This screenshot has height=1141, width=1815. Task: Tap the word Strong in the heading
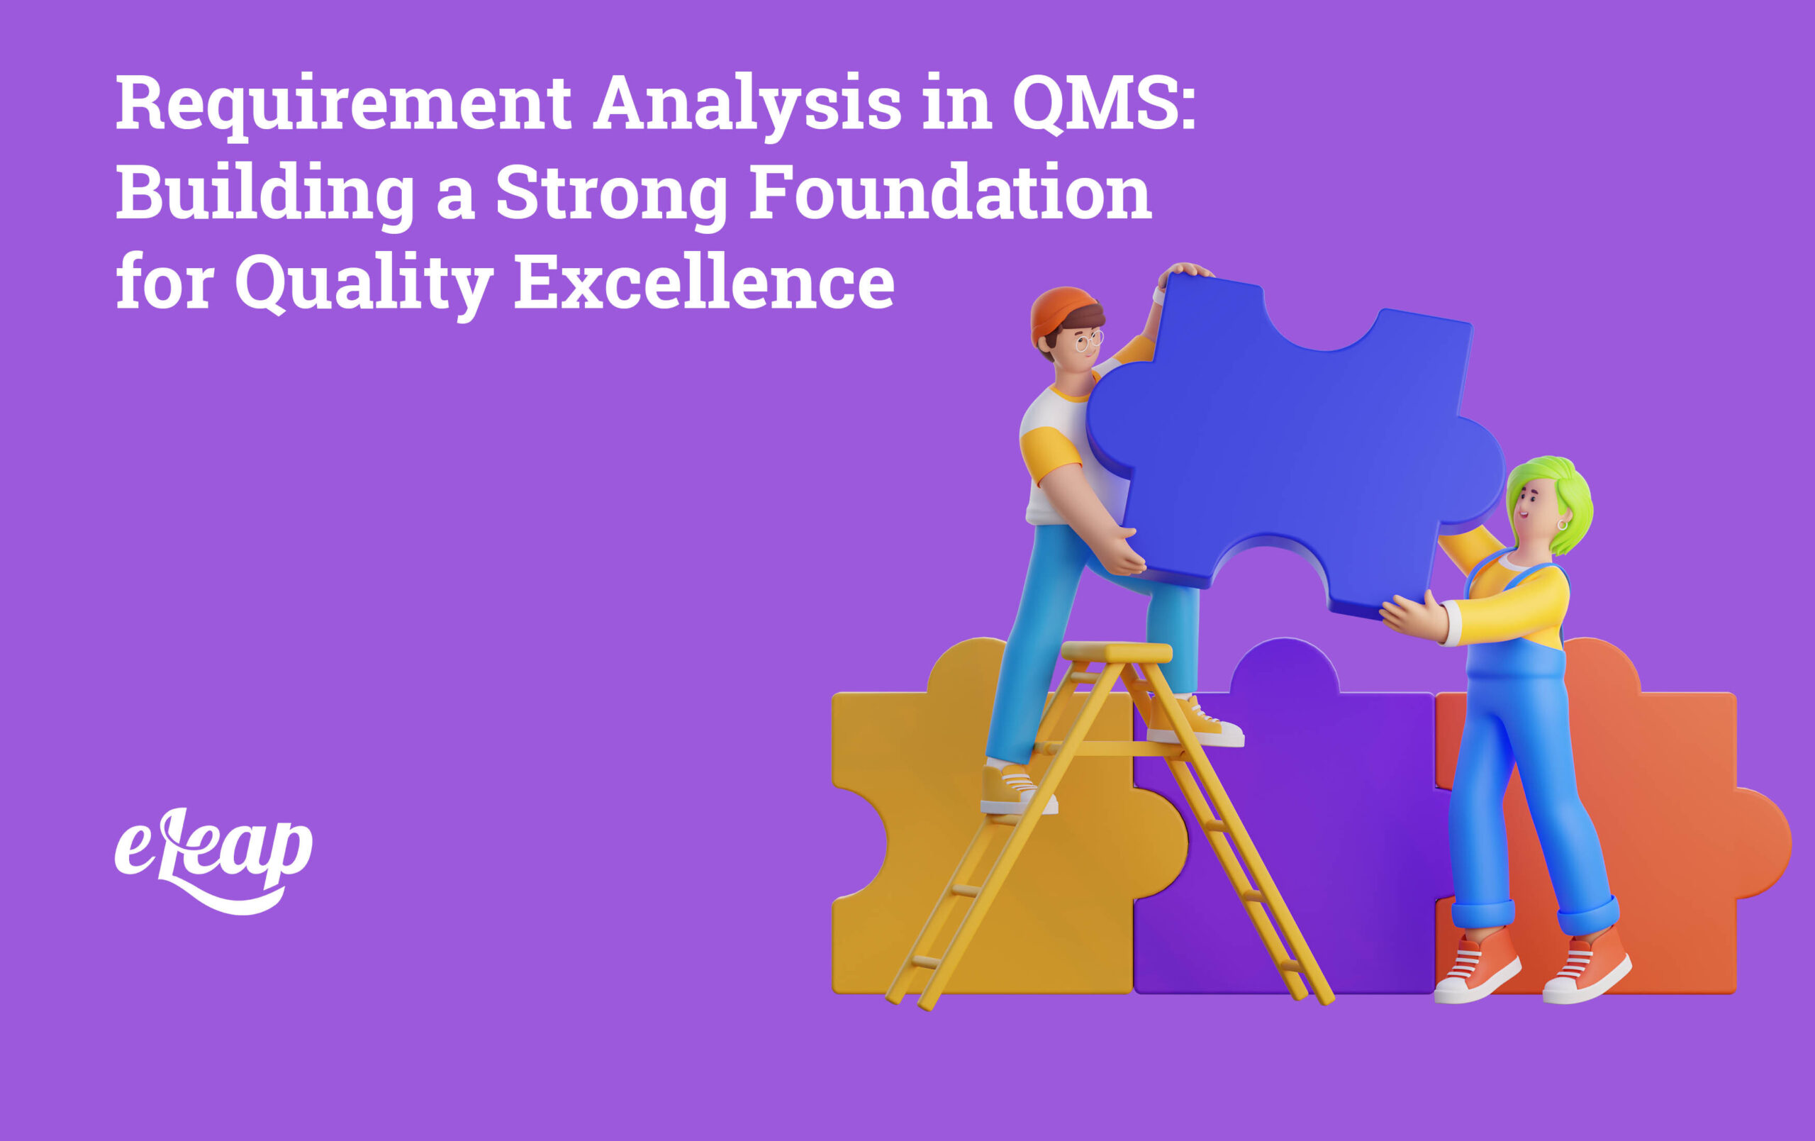(x=611, y=194)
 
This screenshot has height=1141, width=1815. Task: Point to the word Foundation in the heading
(x=950, y=194)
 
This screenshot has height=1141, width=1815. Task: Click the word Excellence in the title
(x=704, y=284)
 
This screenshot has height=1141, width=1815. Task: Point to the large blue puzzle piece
(x=1297, y=445)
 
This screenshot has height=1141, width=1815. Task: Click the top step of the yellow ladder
(x=1116, y=651)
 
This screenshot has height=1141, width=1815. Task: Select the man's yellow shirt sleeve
(x=1049, y=453)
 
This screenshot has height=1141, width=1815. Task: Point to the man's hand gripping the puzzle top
(x=1185, y=271)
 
